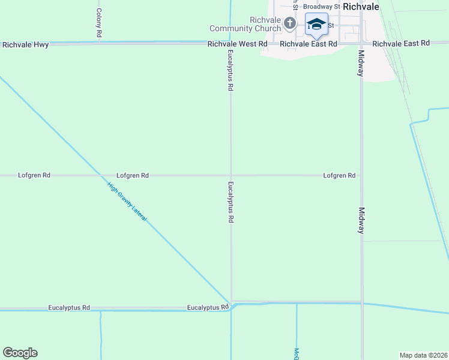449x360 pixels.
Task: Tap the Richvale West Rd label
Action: point(237,44)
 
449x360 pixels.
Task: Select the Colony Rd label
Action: point(98,23)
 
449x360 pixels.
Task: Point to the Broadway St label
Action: point(321,7)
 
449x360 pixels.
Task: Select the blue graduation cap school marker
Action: point(316,25)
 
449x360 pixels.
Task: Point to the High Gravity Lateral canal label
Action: point(127,202)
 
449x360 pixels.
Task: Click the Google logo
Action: point(20,353)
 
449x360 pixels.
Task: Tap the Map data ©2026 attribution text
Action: point(423,355)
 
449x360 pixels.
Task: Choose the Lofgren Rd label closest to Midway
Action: point(339,176)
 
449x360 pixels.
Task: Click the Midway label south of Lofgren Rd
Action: point(361,221)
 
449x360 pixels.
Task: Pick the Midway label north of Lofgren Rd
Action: point(361,63)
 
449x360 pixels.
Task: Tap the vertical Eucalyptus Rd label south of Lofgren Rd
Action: point(230,202)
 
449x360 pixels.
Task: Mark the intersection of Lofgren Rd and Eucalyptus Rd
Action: point(231,176)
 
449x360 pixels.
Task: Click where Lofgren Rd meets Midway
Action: point(361,176)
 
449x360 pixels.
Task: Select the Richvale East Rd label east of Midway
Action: point(401,44)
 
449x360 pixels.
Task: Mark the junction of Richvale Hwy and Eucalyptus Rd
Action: point(231,43)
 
